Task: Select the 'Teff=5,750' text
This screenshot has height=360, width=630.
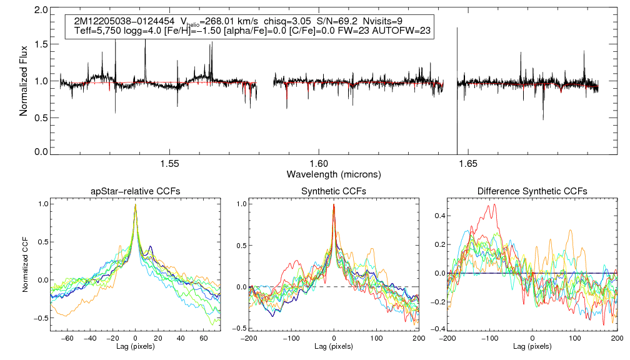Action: [x=96, y=31]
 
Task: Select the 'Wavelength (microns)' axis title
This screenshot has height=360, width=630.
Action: [x=333, y=173]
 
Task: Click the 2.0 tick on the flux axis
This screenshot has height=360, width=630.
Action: [x=42, y=11]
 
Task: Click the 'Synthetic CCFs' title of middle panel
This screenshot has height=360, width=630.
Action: [x=334, y=191]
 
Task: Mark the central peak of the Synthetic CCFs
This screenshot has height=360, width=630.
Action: [x=334, y=204]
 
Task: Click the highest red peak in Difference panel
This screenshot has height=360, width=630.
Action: [x=494, y=204]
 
